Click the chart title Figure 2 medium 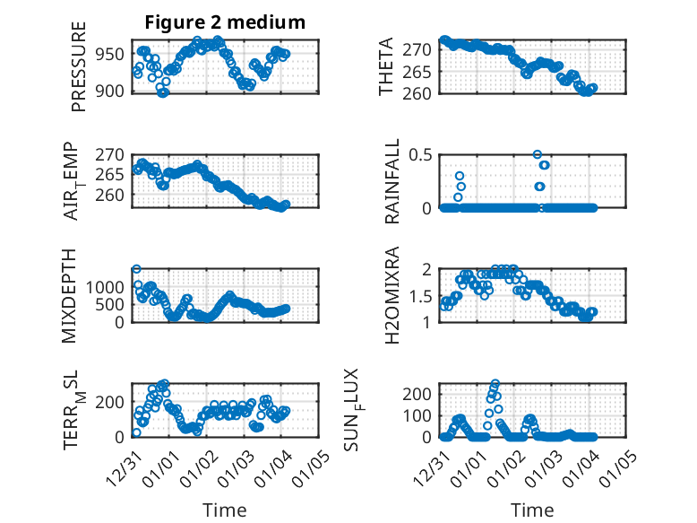[226, 22]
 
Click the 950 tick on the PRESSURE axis [113, 54]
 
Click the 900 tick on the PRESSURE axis [113, 91]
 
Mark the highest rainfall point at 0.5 [538, 154]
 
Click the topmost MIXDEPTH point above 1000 [136, 268]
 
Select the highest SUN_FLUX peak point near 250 [495, 383]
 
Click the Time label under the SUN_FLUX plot [532, 510]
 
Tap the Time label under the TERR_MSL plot [225, 510]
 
